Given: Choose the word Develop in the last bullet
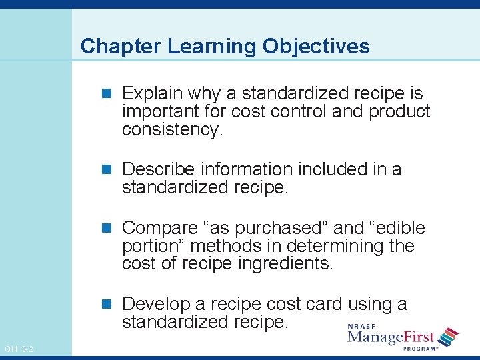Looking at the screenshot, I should [156, 304].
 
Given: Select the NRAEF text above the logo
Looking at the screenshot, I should [361, 326].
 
